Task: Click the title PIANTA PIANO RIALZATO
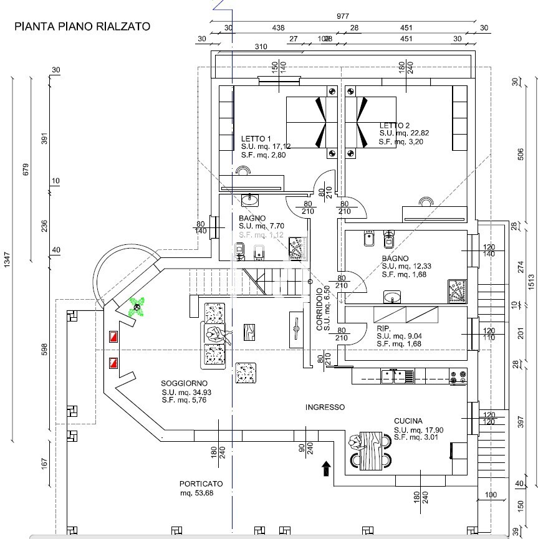[82, 27]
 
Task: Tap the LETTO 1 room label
[256, 138]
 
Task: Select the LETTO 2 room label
[395, 125]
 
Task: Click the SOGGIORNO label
[184, 383]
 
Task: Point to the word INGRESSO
[325, 408]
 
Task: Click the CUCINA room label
[408, 421]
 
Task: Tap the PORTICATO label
[201, 484]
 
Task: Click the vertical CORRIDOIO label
[319, 309]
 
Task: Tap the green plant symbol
[137, 307]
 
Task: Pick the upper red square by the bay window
[113, 337]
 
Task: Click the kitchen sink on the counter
[398, 376]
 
